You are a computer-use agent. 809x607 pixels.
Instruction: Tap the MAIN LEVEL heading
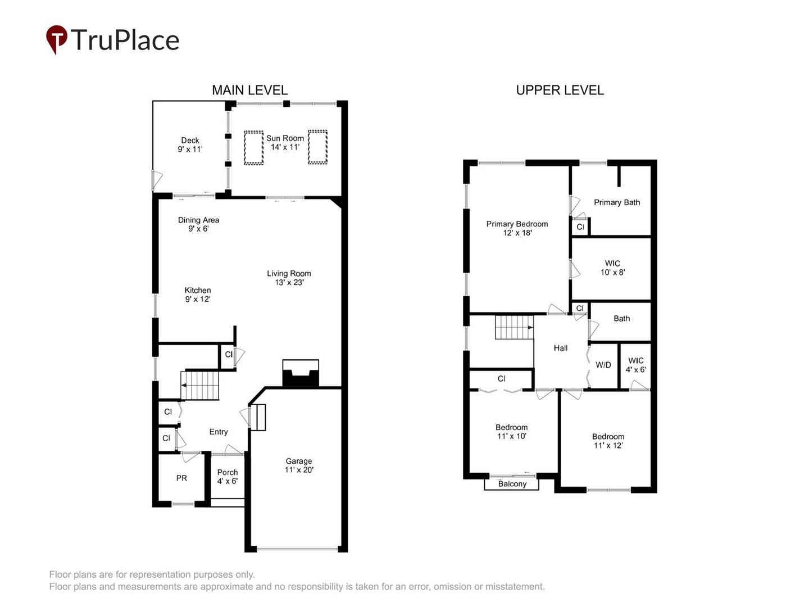pyautogui.click(x=249, y=90)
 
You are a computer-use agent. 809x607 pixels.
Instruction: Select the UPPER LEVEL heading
pyautogui.click(x=560, y=90)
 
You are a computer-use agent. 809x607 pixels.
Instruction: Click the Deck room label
pyautogui.click(x=190, y=141)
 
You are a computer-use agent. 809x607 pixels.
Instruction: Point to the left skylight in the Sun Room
pyautogui.click(x=253, y=148)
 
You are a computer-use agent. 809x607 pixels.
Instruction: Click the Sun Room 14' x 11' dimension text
pyautogui.click(x=285, y=147)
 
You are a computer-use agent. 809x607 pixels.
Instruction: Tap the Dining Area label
pyautogui.click(x=198, y=220)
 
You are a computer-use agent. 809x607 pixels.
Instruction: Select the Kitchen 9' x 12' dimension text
pyautogui.click(x=198, y=299)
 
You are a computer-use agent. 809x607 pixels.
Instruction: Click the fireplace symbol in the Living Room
pyautogui.click(x=301, y=374)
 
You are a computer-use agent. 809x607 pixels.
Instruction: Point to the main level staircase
pyautogui.click(x=200, y=386)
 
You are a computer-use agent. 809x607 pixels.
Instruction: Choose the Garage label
pyautogui.click(x=299, y=461)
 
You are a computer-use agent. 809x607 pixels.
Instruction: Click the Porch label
pyautogui.click(x=228, y=472)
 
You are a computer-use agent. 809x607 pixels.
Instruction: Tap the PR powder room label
pyautogui.click(x=181, y=478)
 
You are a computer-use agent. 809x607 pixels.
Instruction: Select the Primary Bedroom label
pyautogui.click(x=517, y=224)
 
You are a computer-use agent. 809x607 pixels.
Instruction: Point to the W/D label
pyautogui.click(x=603, y=365)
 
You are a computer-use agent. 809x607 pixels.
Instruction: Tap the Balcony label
pyautogui.click(x=512, y=484)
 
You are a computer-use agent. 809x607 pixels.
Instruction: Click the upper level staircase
pyautogui.click(x=513, y=328)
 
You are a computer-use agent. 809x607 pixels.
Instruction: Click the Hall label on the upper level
pyautogui.click(x=561, y=348)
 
